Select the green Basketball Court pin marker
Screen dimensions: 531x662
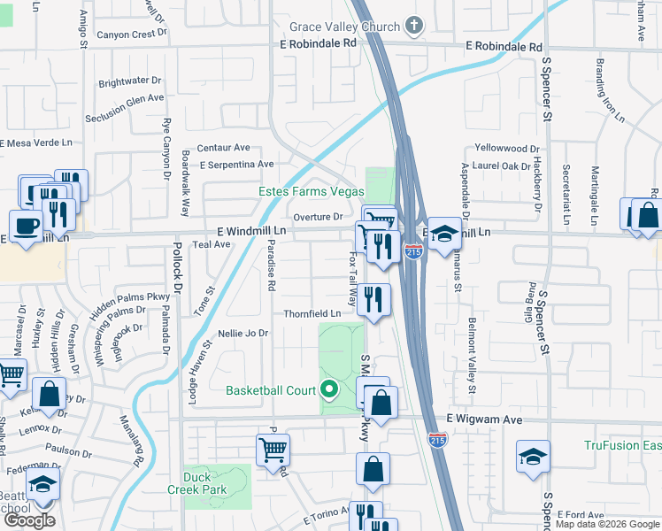[x=330, y=388]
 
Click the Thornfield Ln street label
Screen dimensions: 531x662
[x=312, y=314]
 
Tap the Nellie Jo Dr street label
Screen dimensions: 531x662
[x=242, y=334]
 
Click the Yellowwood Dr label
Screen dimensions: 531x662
[x=507, y=148]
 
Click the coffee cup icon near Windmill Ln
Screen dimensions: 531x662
[x=26, y=225]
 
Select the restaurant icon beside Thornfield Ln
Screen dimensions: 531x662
[x=375, y=299]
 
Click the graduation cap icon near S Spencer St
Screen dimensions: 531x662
[x=533, y=457]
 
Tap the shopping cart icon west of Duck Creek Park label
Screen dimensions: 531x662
[x=273, y=450]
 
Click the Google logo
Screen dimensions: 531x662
[x=29, y=520]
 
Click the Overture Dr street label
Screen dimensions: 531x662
[x=318, y=217]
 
